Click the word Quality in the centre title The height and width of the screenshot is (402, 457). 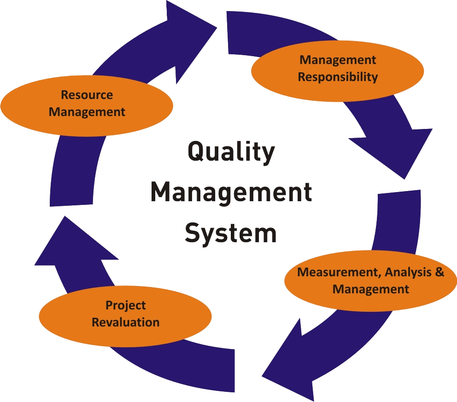pyautogui.click(x=231, y=153)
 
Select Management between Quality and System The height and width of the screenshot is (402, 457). pyautogui.click(x=231, y=192)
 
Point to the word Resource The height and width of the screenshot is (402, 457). pyautogui.click(x=87, y=95)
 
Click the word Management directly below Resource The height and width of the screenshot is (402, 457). pyautogui.click(x=87, y=111)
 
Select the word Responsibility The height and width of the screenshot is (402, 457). pyautogui.click(x=338, y=76)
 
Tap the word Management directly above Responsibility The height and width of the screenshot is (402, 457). pyautogui.click(x=338, y=60)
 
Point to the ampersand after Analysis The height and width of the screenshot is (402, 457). pyautogui.click(x=439, y=272)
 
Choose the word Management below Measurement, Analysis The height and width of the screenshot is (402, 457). pyautogui.click(x=371, y=289)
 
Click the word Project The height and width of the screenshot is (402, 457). pyautogui.click(x=125, y=305)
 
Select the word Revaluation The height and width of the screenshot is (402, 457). pyautogui.click(x=125, y=322)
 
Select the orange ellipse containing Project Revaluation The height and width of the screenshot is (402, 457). pyautogui.click(x=125, y=314)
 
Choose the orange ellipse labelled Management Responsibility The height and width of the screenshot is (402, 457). pyautogui.click(x=338, y=68)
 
